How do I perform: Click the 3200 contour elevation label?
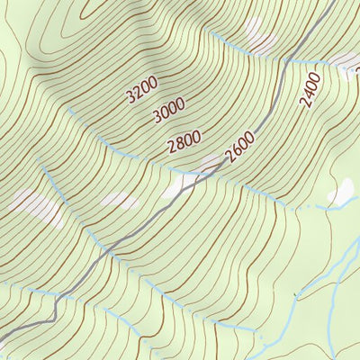(x=142, y=89)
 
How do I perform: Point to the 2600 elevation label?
(x=240, y=148)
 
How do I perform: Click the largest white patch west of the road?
(x=36, y=206)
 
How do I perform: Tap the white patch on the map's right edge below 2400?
(x=342, y=193)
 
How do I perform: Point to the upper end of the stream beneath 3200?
(x=68, y=109)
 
